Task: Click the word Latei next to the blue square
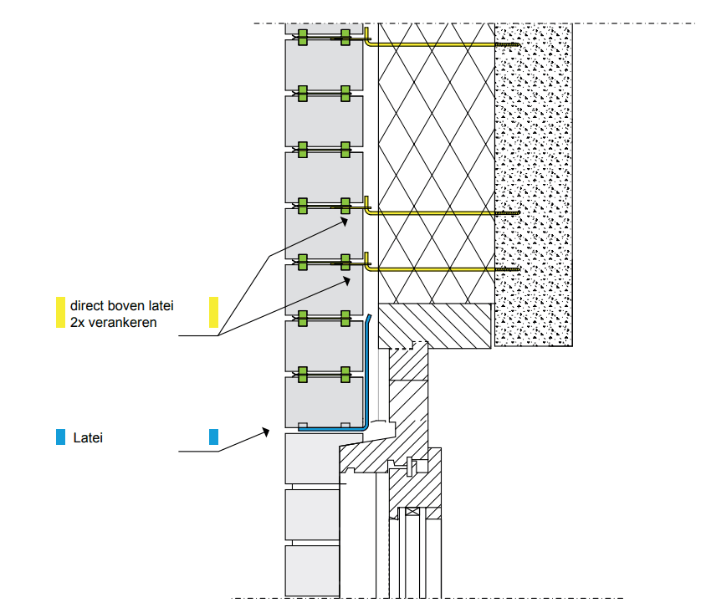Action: point(88,437)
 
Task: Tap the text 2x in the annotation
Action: point(78,322)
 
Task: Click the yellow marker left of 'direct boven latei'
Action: point(60,312)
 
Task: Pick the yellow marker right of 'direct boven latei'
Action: point(213,312)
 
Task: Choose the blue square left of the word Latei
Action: point(60,437)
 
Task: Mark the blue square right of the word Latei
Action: point(213,437)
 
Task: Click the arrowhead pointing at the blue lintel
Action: point(266,432)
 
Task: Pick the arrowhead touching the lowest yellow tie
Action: point(346,280)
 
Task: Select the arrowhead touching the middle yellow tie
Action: point(345,220)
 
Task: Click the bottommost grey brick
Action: point(312,570)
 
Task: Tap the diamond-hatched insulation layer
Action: point(435,151)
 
